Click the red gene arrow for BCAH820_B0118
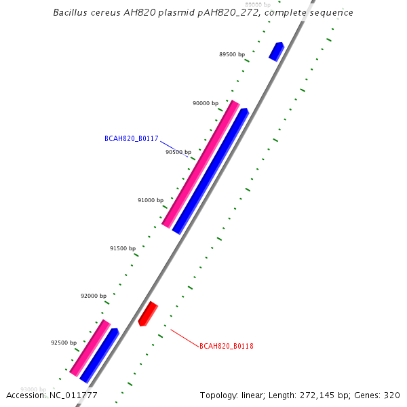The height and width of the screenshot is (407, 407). point(148,313)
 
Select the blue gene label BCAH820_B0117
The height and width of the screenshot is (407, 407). point(132,139)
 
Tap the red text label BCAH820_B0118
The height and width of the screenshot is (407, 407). point(227,346)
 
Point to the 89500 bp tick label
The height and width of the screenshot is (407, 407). point(232,54)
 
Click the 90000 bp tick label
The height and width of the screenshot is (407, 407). point(206,104)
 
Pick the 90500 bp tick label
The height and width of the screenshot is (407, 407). point(178,153)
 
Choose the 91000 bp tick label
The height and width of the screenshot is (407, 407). point(151,201)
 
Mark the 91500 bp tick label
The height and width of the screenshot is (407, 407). point(123,249)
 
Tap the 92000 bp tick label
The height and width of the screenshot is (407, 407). point(94,296)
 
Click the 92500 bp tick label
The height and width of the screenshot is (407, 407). point(64,343)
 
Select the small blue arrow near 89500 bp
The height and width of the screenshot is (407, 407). point(276,52)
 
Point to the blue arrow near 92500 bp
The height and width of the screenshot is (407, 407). point(100,355)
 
